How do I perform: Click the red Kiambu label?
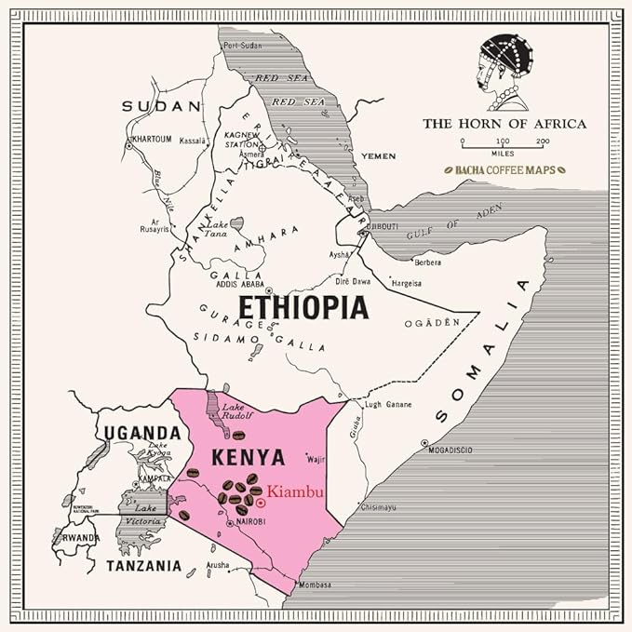(x=295, y=491)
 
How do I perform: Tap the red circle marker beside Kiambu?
(x=261, y=503)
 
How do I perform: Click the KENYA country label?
(x=248, y=457)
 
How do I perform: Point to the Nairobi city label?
(x=249, y=522)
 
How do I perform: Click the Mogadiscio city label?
(x=450, y=450)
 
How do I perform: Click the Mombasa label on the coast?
(x=315, y=585)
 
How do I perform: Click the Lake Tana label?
(x=216, y=230)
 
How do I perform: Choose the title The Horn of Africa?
(x=504, y=123)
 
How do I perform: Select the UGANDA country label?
(x=141, y=432)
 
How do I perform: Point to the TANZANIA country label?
(x=142, y=565)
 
